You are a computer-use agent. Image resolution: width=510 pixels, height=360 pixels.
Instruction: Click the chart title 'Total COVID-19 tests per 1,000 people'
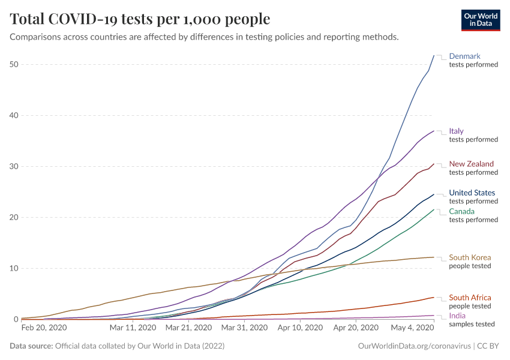tap(140, 19)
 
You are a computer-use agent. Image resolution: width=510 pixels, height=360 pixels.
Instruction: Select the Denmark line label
tap(464, 56)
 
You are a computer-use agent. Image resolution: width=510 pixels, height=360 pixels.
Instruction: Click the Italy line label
tap(456, 131)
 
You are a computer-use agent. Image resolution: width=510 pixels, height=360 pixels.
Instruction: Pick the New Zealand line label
tap(471, 164)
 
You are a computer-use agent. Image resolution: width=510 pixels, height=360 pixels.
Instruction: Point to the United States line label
tap(472, 193)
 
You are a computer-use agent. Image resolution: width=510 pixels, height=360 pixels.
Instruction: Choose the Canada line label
tap(461, 212)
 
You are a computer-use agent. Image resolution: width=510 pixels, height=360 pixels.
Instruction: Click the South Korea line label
tap(470, 258)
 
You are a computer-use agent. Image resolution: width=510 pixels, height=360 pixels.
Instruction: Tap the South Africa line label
tap(470, 298)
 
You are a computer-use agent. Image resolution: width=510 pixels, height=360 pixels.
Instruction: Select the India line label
tap(457, 316)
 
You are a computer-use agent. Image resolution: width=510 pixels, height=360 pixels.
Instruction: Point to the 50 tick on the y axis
tap(14, 64)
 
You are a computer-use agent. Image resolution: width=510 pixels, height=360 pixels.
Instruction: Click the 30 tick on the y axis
tap(14, 166)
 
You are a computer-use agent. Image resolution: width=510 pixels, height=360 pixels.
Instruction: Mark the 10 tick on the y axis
tap(14, 268)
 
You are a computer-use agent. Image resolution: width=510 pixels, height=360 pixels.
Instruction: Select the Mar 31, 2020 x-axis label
tap(244, 328)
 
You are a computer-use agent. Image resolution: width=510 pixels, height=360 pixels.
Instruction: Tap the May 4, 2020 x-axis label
tap(413, 328)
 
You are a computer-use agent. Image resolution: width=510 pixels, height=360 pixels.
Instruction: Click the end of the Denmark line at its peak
tap(434, 55)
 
